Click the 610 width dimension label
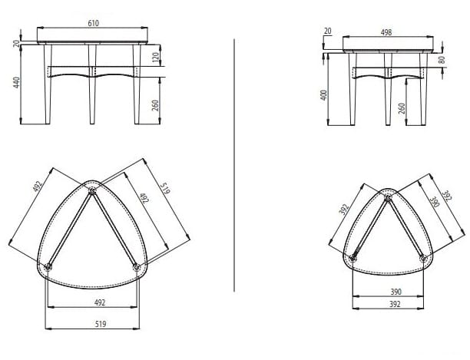pos(93,23)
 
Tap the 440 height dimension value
pos(16,82)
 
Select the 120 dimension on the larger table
pos(155,58)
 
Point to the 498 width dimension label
pos(386,32)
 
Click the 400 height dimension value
pos(324,95)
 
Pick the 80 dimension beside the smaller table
pos(442,60)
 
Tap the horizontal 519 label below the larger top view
pos(101,324)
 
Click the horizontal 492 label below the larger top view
pos(100,302)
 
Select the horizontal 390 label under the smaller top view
pos(396,292)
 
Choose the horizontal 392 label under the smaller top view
pos(395,304)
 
